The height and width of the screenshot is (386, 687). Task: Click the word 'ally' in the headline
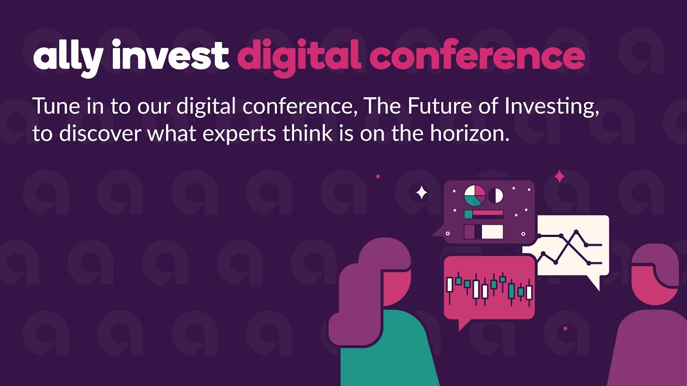tap(68, 58)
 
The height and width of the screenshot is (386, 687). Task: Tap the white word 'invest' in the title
tap(170, 55)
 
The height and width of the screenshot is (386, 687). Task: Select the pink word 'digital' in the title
tap(299, 58)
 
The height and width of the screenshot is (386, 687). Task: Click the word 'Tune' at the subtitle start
tap(57, 106)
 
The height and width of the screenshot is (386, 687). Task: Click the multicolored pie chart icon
tap(475, 195)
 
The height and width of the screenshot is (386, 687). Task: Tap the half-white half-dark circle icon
tap(495, 196)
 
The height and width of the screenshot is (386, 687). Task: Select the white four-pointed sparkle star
tap(421, 192)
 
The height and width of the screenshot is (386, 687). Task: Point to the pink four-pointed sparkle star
tap(560, 176)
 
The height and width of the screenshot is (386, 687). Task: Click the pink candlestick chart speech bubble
tap(489, 289)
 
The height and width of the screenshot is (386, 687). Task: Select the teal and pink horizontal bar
tap(484, 214)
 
